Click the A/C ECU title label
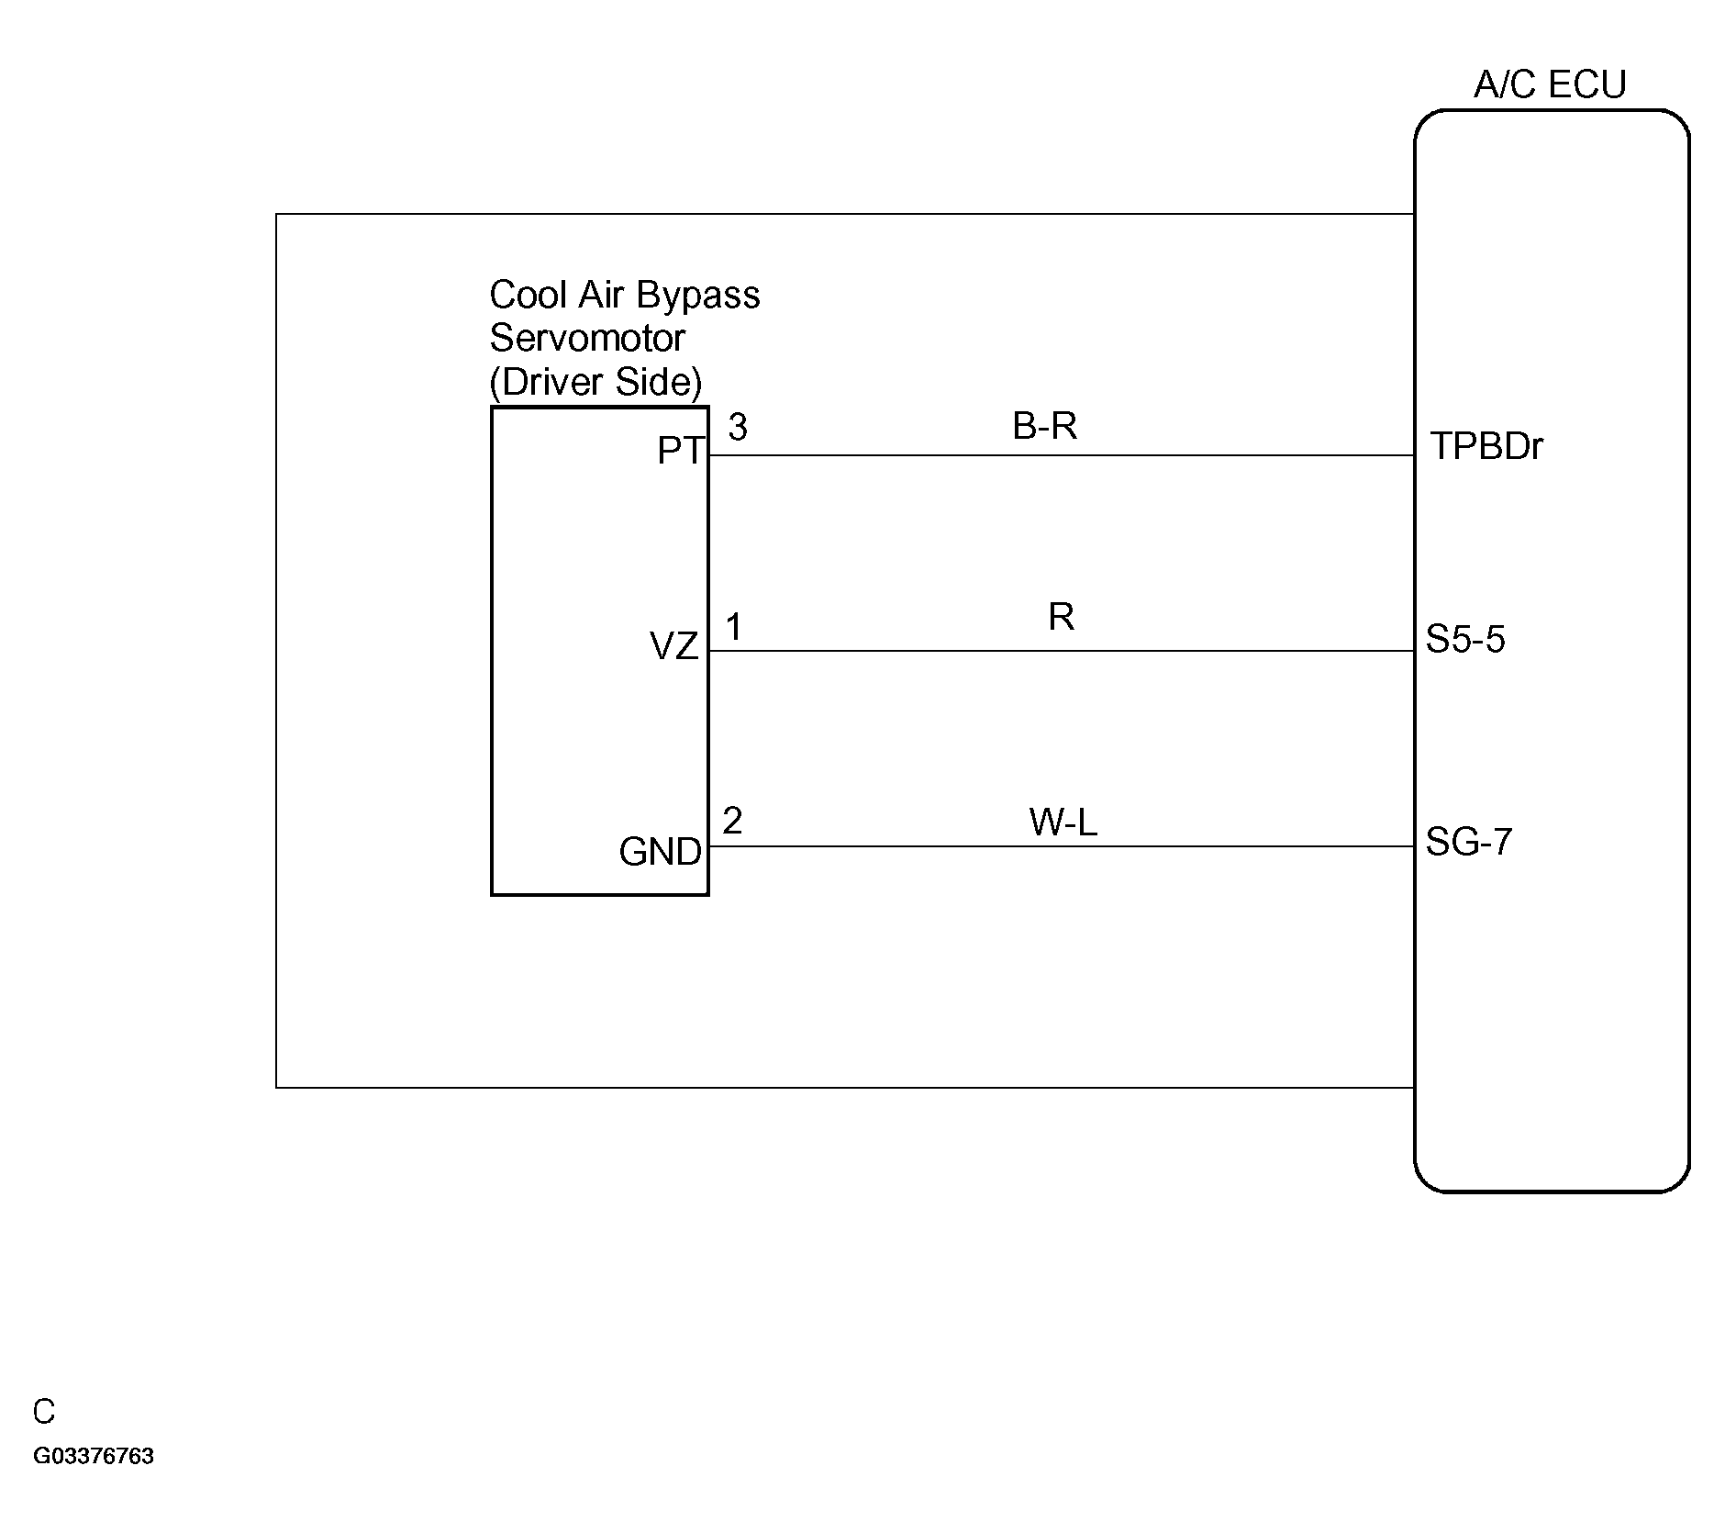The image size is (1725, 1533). click(x=1550, y=84)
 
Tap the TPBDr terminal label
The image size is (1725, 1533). click(x=1486, y=446)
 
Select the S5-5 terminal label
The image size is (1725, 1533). click(x=1465, y=639)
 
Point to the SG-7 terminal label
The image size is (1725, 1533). click(x=1468, y=841)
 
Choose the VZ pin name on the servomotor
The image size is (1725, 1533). click(x=674, y=647)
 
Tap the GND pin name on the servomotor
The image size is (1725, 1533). click(x=661, y=852)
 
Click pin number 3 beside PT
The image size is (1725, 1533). click(x=738, y=427)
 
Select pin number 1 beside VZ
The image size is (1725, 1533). click(x=733, y=628)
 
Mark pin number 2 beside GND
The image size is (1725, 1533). click(x=732, y=821)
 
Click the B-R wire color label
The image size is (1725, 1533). click(x=1044, y=426)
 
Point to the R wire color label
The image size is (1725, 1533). click(x=1061, y=617)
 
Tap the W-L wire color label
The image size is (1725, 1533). click(x=1063, y=822)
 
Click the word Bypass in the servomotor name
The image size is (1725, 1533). click(x=698, y=297)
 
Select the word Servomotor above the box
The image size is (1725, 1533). click(x=587, y=338)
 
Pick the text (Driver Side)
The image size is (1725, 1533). click(x=595, y=382)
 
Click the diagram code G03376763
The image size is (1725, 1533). click(x=94, y=1456)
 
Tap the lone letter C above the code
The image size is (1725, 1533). click(x=44, y=1412)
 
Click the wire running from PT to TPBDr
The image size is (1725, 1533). click(x=1062, y=454)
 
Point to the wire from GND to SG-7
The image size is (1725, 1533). click(x=1062, y=846)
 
